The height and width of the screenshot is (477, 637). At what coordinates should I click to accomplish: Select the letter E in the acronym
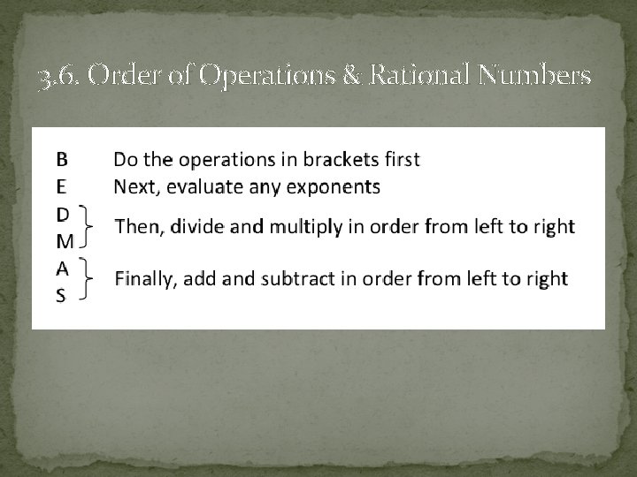(62, 186)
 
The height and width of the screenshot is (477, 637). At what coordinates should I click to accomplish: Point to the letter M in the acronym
(65, 240)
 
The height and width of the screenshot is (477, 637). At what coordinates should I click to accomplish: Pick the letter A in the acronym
(62, 268)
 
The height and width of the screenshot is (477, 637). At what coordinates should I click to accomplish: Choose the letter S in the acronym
(61, 295)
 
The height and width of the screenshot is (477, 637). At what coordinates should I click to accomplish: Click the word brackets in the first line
(342, 160)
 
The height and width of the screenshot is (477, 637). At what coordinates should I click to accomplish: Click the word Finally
(146, 280)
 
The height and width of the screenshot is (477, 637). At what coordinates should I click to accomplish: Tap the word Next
(134, 186)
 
